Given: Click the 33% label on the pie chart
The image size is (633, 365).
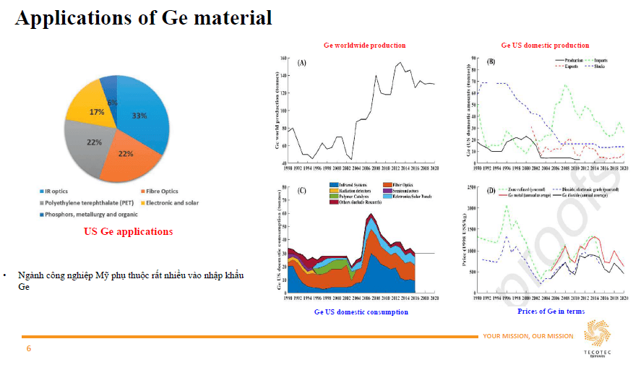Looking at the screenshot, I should click(139, 116).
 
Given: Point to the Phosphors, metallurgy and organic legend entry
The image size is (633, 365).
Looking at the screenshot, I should click(91, 214).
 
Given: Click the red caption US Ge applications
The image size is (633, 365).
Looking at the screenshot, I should click(128, 232).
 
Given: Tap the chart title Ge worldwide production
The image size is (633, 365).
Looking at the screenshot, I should click(364, 45).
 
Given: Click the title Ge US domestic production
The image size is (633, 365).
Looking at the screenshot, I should click(545, 45).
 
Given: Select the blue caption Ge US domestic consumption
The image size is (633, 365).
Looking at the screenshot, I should click(361, 312).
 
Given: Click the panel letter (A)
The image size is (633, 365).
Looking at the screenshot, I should click(302, 63).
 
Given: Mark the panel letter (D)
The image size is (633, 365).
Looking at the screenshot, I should click(491, 192).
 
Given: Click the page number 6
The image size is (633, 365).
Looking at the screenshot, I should click(29, 348).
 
